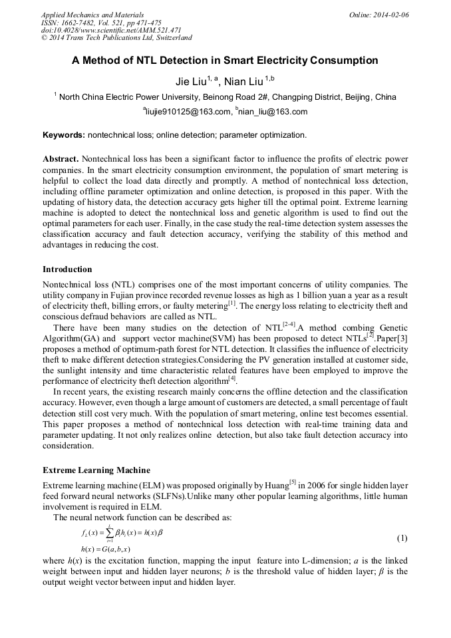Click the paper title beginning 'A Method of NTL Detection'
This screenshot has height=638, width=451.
click(225, 61)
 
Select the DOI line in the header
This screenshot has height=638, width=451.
click(111, 30)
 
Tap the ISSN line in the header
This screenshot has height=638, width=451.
click(101, 23)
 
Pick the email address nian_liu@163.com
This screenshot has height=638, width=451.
click(273, 112)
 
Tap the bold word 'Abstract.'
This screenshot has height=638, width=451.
click(61, 159)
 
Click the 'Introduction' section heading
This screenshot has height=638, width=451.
click(67, 269)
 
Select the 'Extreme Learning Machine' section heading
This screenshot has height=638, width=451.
click(96, 470)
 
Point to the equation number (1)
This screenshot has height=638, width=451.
click(401, 537)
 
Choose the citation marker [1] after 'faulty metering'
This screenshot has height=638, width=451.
click(232, 303)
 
